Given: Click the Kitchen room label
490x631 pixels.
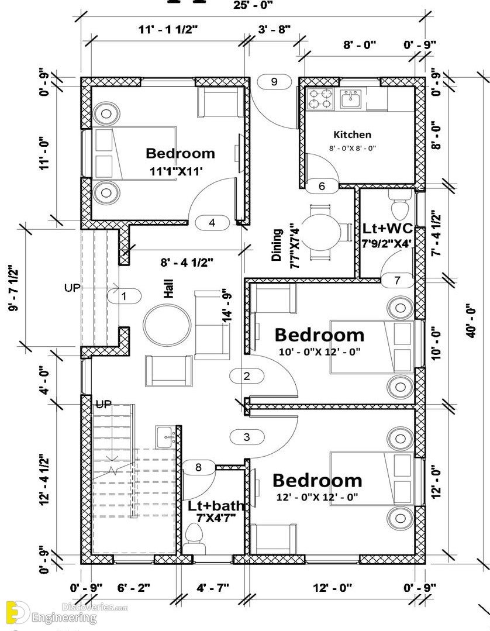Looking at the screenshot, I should (352, 135).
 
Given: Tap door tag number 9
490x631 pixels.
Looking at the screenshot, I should (274, 82).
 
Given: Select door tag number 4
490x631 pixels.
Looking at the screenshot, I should (212, 223).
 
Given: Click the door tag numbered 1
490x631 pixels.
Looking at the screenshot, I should (123, 296).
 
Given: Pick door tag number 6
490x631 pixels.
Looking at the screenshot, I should (322, 187).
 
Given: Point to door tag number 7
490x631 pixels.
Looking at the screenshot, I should (397, 281).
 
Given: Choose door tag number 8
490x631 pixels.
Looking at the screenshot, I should (198, 467).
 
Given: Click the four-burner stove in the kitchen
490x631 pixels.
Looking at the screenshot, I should (320, 99).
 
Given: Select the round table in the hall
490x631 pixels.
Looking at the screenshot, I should (167, 321).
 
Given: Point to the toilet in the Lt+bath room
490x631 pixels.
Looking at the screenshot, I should (194, 534).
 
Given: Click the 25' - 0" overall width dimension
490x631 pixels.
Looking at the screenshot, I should (253, 5).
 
